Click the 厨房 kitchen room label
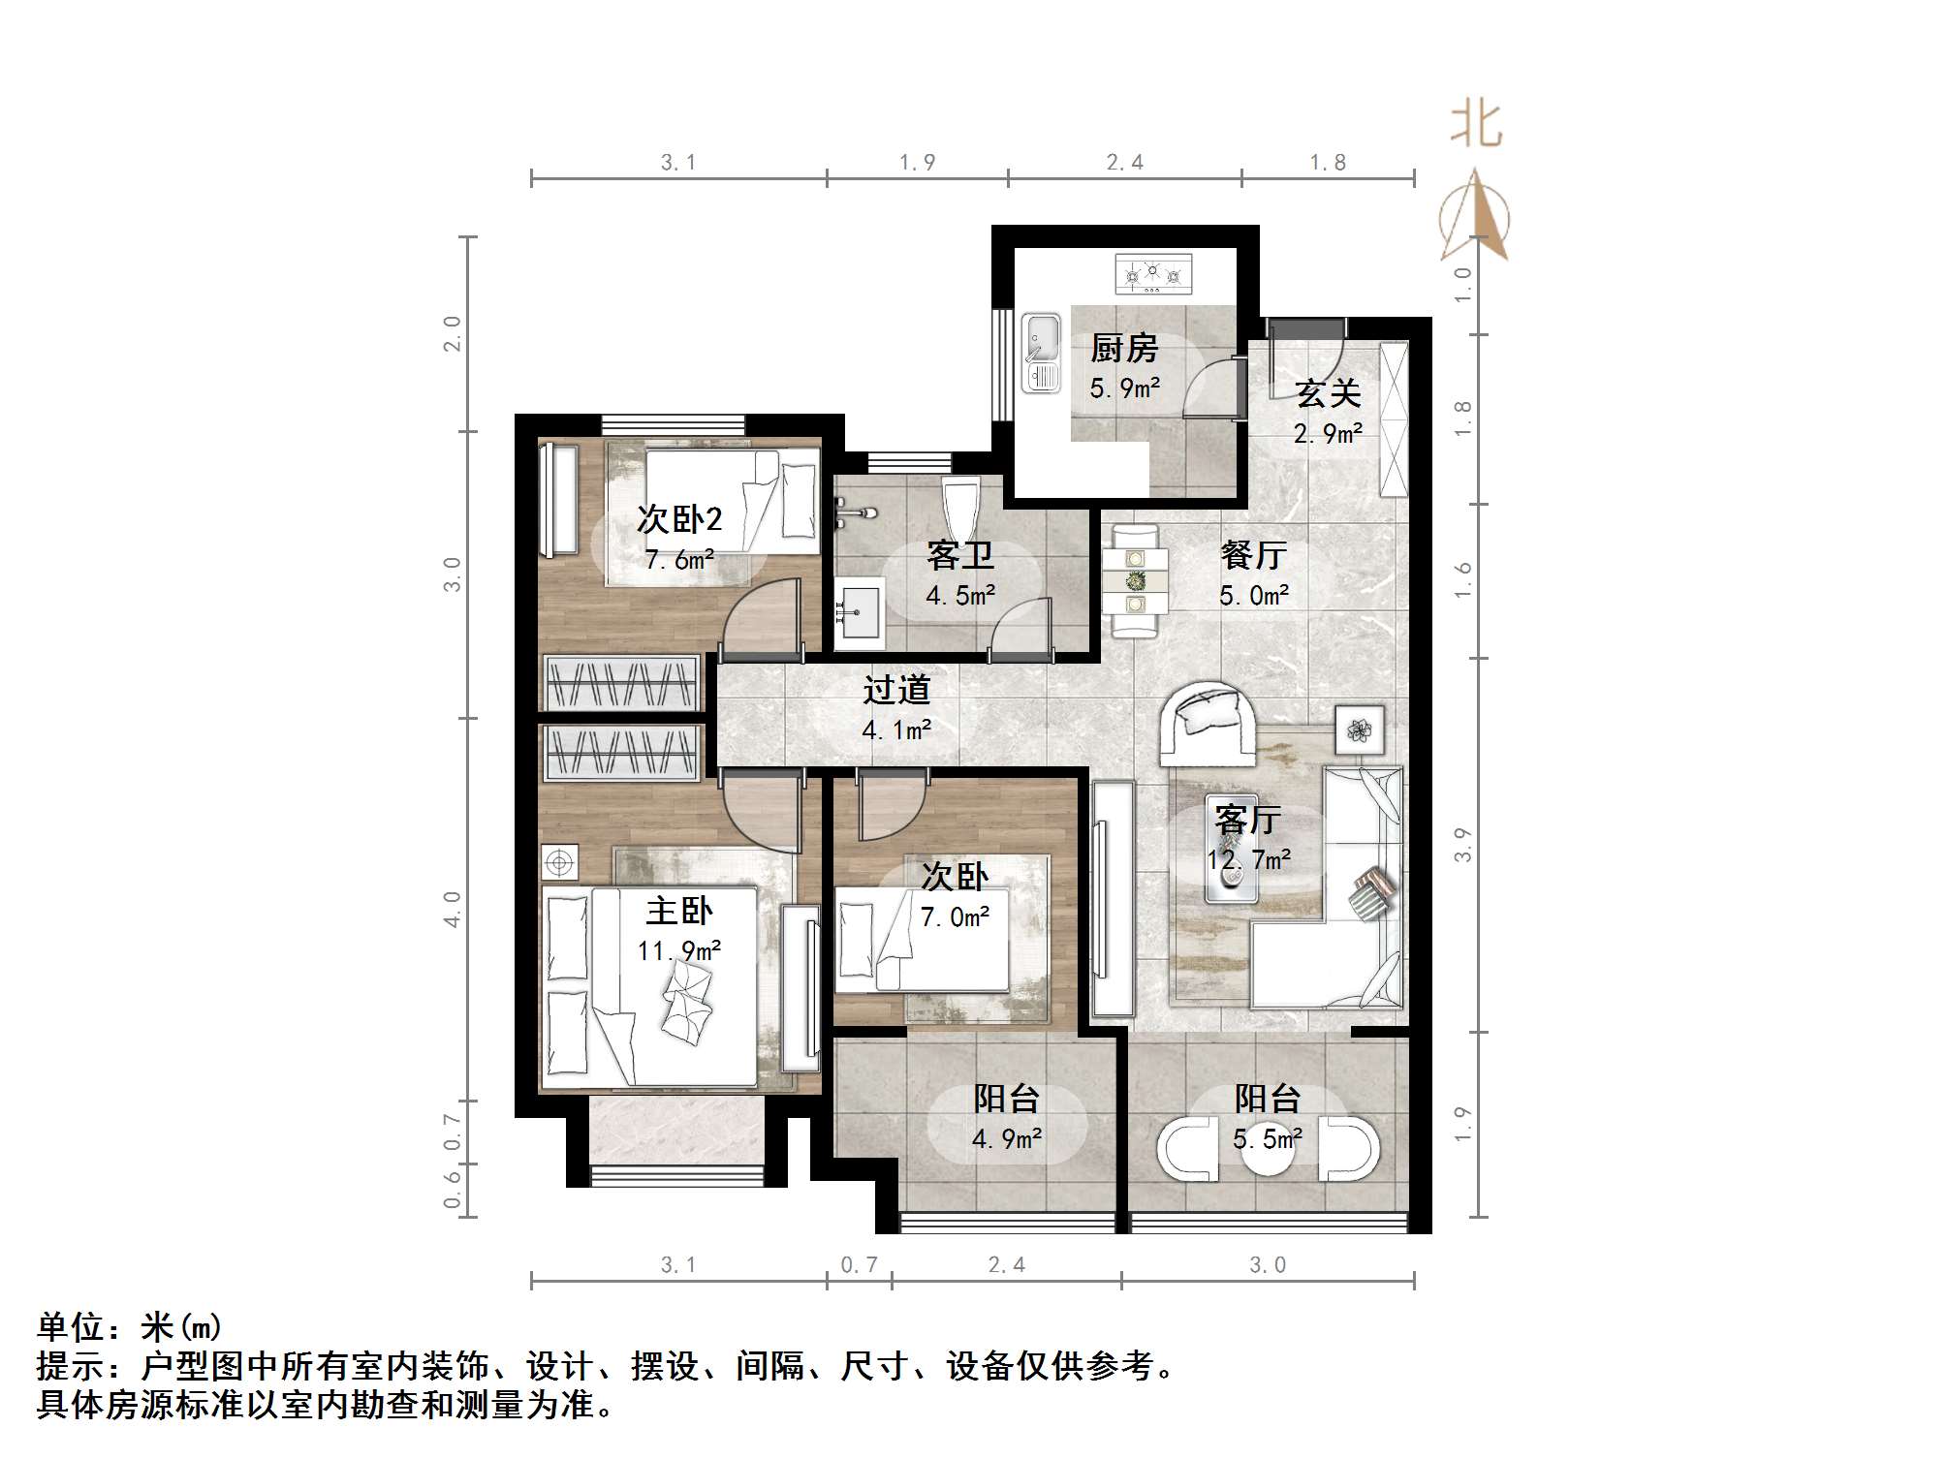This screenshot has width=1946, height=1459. tap(1124, 347)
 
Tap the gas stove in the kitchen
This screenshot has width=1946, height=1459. tap(1152, 275)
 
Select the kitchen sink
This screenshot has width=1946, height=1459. tap(1041, 353)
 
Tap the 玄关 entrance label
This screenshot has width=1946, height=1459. tap(1328, 393)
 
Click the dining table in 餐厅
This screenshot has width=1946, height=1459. tap(1135, 581)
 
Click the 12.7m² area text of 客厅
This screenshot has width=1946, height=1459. tap(1248, 859)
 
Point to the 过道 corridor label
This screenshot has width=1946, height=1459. tap(896, 690)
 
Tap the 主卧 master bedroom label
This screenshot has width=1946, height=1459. tap(679, 911)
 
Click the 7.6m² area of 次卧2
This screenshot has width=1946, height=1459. tap(679, 560)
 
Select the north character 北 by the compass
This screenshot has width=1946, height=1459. tap(1476, 125)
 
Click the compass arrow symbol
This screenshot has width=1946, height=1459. tap(1475, 215)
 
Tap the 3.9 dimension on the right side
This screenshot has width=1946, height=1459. tap(1463, 845)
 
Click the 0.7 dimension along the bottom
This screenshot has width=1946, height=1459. tap(859, 1265)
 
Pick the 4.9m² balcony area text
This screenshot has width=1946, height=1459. tap(1007, 1139)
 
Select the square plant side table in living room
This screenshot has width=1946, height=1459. tap(1359, 729)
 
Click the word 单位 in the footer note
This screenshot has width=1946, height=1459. tap(71, 1327)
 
